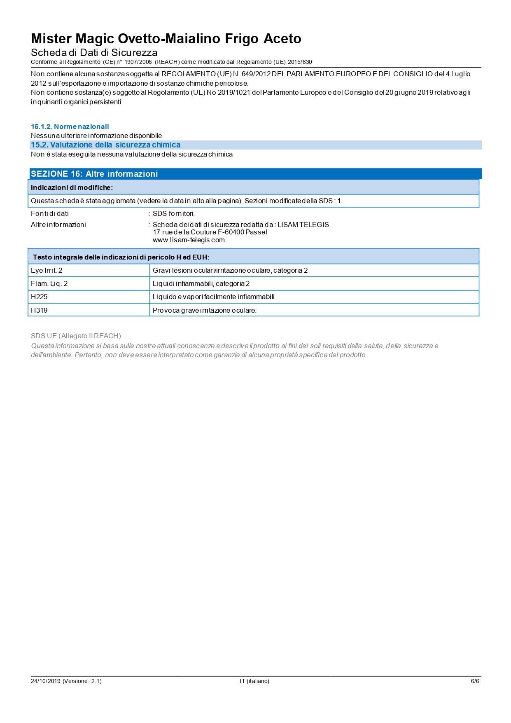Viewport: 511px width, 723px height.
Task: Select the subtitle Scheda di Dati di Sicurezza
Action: click(94, 53)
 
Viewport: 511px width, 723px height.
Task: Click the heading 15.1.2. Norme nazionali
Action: click(70, 126)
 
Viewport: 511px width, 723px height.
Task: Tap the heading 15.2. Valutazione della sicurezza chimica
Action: click(105, 145)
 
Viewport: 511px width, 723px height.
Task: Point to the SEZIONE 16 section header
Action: click(94, 174)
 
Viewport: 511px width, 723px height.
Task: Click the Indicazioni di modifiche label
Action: click(72, 187)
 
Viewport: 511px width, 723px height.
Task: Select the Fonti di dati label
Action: click(50, 213)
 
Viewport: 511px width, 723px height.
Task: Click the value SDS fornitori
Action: click(174, 213)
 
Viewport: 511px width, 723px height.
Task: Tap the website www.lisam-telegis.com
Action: click(189, 240)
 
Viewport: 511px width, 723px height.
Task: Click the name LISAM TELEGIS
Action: click(303, 225)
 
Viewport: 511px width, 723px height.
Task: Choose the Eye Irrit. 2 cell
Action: click(47, 270)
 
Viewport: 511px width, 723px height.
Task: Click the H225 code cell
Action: click(39, 297)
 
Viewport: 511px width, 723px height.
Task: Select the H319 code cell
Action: click(39, 310)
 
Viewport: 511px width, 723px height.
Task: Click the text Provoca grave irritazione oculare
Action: click(205, 310)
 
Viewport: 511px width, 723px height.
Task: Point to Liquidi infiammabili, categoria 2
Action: click(201, 283)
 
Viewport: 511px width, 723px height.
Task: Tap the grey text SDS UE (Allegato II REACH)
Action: click(76, 336)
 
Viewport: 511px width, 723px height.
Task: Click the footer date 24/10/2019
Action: click(46, 681)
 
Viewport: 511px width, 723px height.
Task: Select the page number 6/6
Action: click(475, 681)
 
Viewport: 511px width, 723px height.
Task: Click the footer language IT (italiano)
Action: click(254, 681)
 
